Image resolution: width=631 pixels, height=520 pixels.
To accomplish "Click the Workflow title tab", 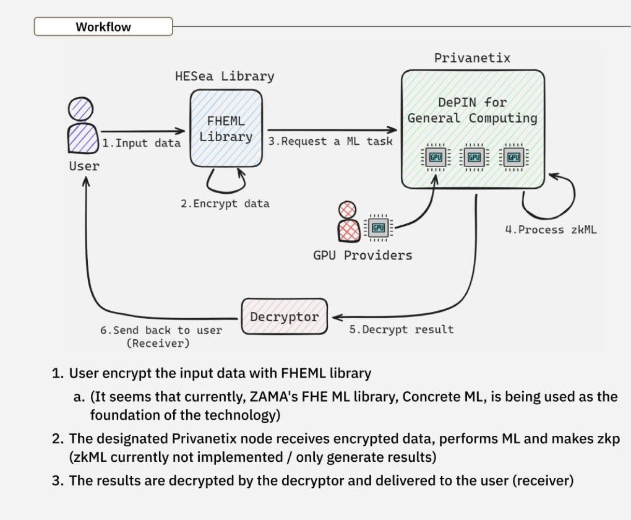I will pyautogui.click(x=103, y=27).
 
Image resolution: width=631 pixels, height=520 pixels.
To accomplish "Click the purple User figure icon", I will pyautogui.click(x=82, y=126).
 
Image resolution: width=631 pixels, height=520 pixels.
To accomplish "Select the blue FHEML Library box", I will pyautogui.click(x=225, y=128).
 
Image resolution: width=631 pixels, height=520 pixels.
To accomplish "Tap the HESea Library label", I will pyautogui.click(x=225, y=77).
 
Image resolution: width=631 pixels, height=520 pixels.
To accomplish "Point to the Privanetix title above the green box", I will pyautogui.click(x=472, y=58).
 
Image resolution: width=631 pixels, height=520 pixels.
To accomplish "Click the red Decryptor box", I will pyautogui.click(x=284, y=317).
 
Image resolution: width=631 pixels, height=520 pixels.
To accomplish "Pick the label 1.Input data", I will pyautogui.click(x=141, y=143).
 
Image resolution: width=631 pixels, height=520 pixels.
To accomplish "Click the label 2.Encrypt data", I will pyautogui.click(x=225, y=203).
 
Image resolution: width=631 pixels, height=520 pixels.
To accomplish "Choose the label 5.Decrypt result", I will pyautogui.click(x=401, y=329).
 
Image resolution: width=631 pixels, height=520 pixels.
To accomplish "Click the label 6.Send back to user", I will pyautogui.click(x=161, y=331).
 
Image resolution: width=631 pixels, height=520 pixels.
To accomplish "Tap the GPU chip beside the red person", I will pyautogui.click(x=379, y=228).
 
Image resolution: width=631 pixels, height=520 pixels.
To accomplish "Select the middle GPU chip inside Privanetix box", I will pyautogui.click(x=474, y=157).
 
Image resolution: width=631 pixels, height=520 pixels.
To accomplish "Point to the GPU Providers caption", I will pyautogui.click(x=362, y=254).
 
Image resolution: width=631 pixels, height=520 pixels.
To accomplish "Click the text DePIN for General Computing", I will pyautogui.click(x=472, y=110).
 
